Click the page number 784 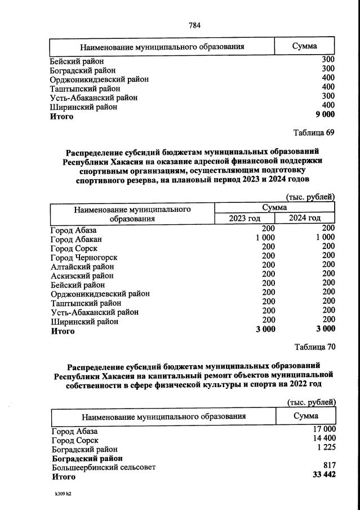[194, 25]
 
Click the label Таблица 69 [314, 132]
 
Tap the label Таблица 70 [314, 347]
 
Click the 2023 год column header [245, 218]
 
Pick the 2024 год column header [305, 218]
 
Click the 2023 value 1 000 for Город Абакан [265, 238]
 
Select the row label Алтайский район [82, 266]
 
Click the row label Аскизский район [82, 276]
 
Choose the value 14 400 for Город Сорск [323, 440]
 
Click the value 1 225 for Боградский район [326, 449]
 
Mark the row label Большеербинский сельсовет [104, 467]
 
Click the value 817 [330, 465]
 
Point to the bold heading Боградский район [87, 458]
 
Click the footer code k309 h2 [61, 494]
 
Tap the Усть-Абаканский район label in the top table [94, 97]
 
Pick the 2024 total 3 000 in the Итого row [325, 329]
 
